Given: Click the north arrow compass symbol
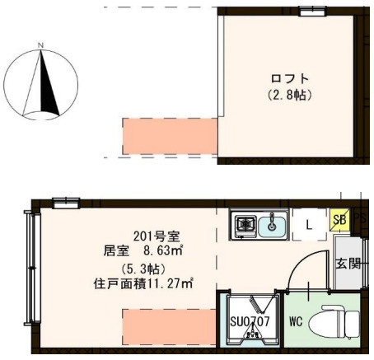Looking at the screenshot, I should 42,82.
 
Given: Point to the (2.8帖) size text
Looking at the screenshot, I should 288,95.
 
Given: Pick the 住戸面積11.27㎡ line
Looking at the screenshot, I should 143,285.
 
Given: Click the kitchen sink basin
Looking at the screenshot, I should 273,223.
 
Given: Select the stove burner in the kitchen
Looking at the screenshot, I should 245,223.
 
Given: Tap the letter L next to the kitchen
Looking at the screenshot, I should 308,223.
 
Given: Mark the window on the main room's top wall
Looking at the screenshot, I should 66,200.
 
